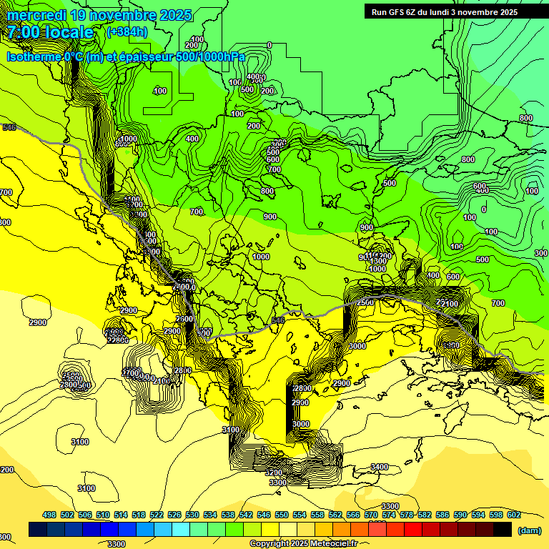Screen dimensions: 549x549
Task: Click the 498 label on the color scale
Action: [49, 515]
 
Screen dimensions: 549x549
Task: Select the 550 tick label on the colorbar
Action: [282, 515]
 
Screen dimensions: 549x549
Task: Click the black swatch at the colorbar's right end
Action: [503, 530]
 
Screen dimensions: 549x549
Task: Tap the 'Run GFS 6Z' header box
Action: [444, 12]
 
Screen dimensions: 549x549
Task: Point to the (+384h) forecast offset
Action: [127, 32]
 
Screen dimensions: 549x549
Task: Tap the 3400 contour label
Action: [380, 467]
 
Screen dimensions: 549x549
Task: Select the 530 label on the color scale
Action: [192, 515]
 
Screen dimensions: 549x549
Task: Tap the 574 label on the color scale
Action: [389, 515]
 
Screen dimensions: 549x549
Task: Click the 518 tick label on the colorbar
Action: [139, 515]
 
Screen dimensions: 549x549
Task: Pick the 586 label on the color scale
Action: [442, 515]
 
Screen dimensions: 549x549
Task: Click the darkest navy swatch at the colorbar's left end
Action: [38, 530]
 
